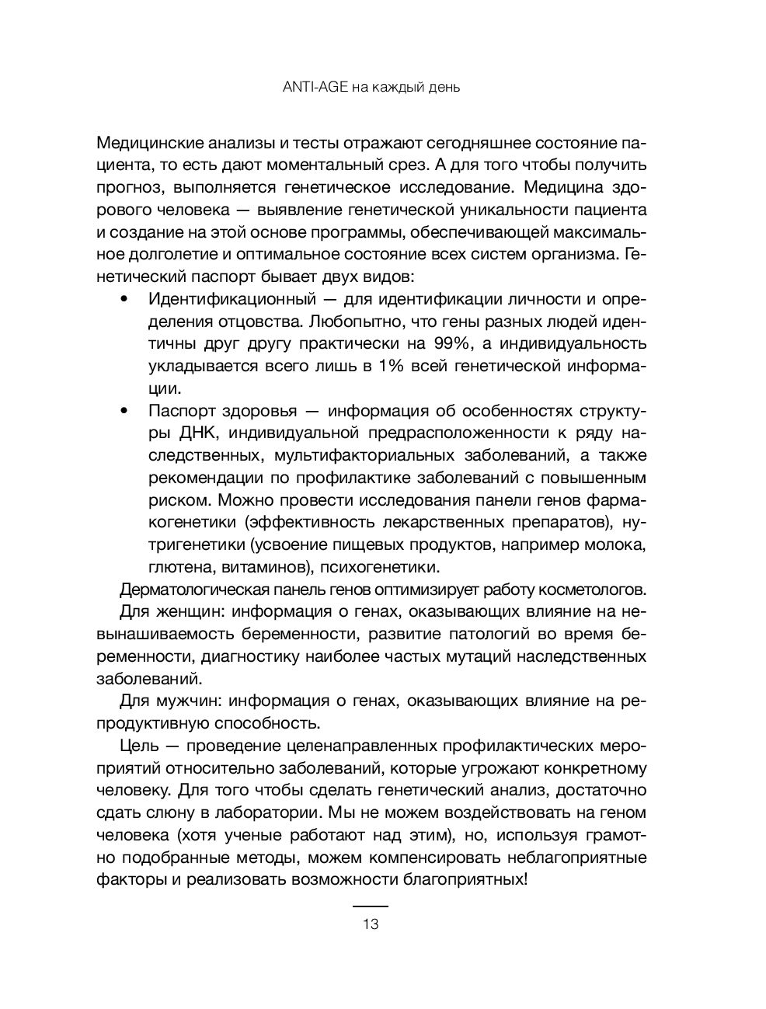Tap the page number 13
click(370, 924)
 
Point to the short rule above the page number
click(370, 906)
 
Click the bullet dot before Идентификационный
click(125, 299)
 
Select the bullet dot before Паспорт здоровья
click(125, 411)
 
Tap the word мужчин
click(184, 701)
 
